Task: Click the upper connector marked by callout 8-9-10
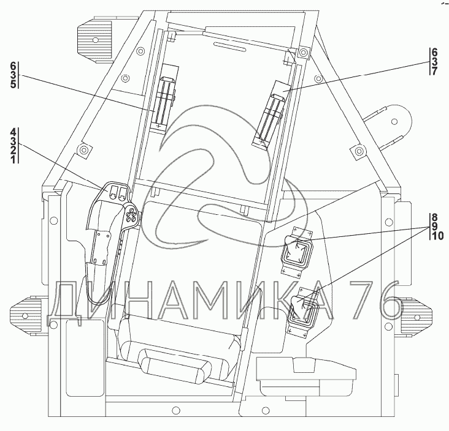coord(297,251)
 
